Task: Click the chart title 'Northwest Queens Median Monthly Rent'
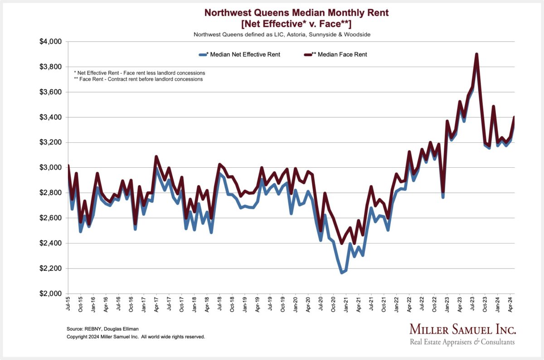pos(296,13)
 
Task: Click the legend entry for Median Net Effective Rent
pos(243,54)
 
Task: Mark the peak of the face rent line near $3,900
pos(476,54)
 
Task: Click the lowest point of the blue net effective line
pos(342,273)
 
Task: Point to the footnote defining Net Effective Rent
pos(139,73)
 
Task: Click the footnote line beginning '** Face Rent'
pos(138,79)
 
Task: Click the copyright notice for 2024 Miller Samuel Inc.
pos(136,337)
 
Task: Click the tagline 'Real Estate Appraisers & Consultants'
pos(462,342)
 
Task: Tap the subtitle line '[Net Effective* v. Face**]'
pos(296,24)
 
